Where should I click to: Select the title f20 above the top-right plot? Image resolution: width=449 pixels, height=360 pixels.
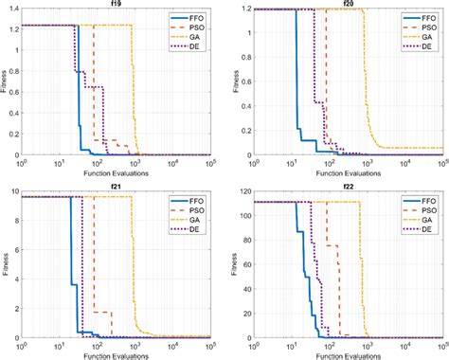(347, 5)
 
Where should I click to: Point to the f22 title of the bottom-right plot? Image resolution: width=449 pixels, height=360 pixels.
(347, 186)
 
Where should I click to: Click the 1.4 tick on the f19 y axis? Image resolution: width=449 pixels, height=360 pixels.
(17, 9)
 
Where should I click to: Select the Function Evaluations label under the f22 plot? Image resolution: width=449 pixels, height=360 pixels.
(347, 355)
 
